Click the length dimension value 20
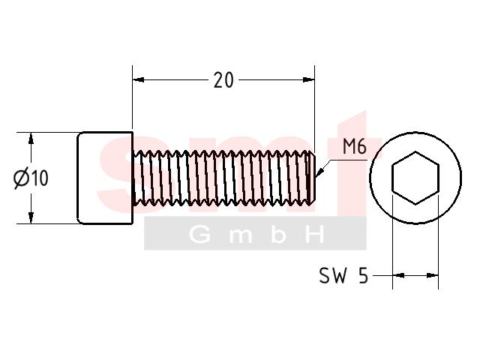coord(223,80)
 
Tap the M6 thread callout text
coord(355,147)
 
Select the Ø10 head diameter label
coord(31,178)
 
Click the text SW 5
coord(343,275)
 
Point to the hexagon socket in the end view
coord(415,178)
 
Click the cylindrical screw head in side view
coord(105,178)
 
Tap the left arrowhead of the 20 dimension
coord(138,80)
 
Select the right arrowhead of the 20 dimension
coord(309,80)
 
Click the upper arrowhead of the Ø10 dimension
coord(31,138)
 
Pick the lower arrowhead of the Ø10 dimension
coord(31,217)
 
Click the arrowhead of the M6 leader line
coord(319,172)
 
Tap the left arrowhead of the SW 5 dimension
coord(398,275)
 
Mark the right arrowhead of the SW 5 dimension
coord(433,275)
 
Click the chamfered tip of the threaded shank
coord(311,178)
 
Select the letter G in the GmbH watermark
coord(199,235)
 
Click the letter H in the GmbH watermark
coord(315,235)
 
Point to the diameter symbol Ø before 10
coord(21,178)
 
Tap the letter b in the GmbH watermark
coord(278,235)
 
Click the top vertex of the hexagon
coord(415,151)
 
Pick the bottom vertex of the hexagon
coord(415,205)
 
